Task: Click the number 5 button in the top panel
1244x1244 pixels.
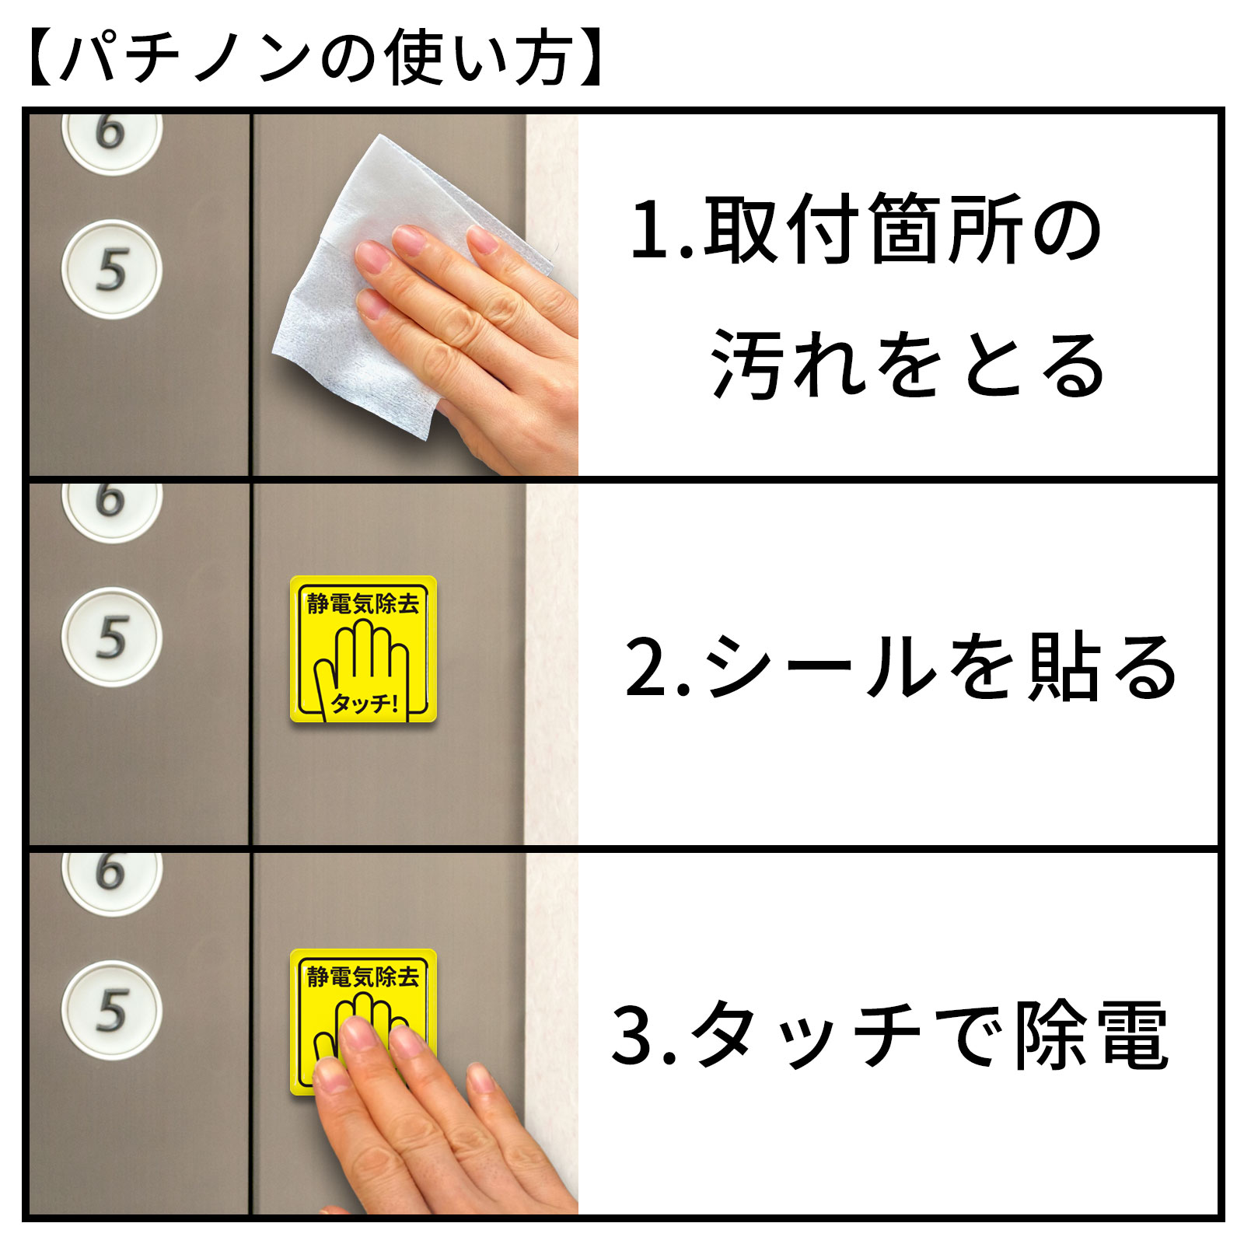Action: tap(111, 269)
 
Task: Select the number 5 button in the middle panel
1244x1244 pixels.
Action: tap(111, 637)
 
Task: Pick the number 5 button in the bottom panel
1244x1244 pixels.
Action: tap(111, 1010)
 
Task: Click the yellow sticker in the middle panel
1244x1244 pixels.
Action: tap(363, 649)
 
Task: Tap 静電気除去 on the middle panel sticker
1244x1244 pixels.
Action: tap(363, 603)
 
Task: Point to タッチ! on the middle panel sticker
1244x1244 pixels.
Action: tap(364, 703)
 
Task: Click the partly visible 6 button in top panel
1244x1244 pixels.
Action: tap(111, 138)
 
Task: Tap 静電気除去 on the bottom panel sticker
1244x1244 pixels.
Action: tap(363, 977)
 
